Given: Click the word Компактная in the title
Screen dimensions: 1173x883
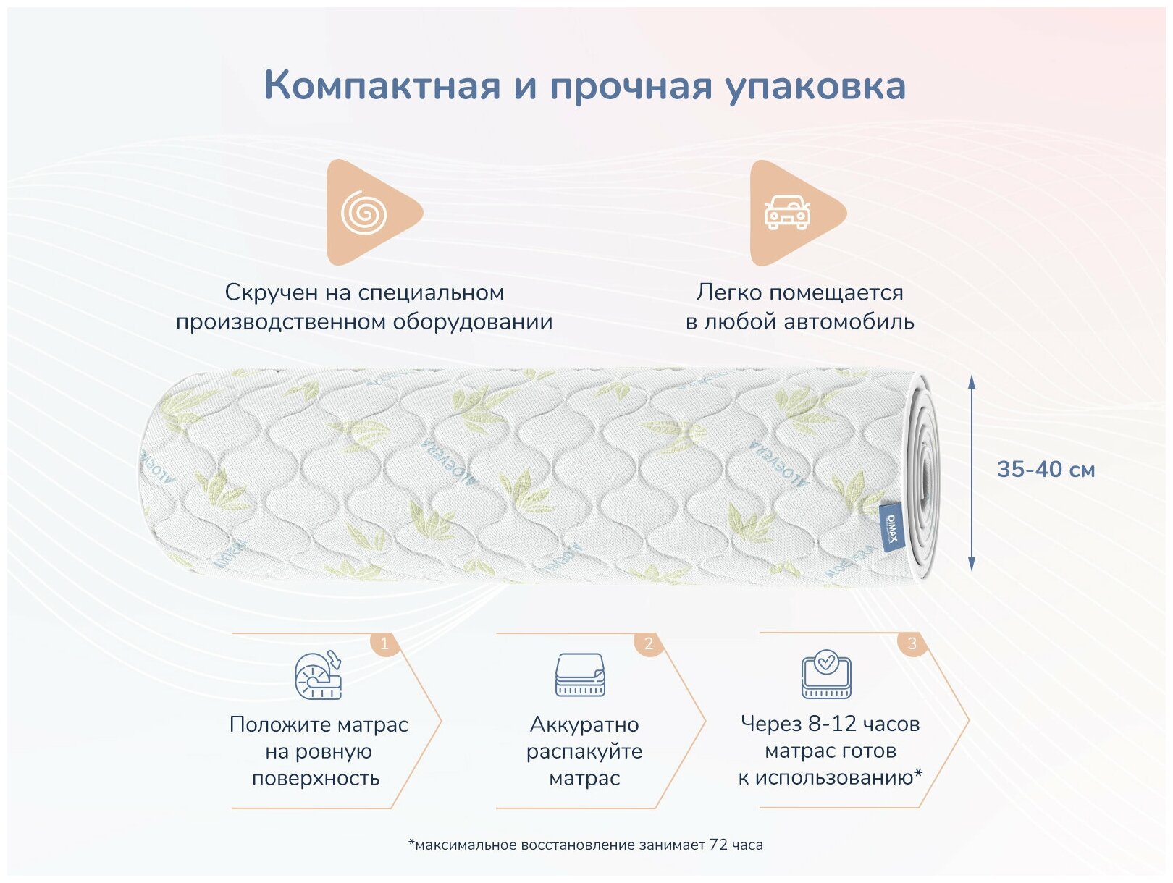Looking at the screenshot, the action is [x=382, y=85].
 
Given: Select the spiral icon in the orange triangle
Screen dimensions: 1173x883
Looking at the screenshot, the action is [x=364, y=213].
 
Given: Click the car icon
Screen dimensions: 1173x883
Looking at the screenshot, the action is [x=787, y=212].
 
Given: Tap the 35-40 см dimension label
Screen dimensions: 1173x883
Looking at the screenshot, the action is [x=1046, y=470].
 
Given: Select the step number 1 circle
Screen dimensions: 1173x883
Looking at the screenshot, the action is [x=384, y=643].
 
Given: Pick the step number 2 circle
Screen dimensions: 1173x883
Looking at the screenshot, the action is [x=648, y=643].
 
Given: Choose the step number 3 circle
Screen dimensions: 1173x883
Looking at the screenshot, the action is [x=912, y=643].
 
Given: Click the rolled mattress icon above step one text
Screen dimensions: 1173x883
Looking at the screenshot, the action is [x=319, y=675].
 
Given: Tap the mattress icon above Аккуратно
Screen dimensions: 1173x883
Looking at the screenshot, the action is [x=580, y=675].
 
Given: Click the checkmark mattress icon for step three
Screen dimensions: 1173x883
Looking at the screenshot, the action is [x=826, y=675].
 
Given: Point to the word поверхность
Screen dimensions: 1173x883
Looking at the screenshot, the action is [x=316, y=778].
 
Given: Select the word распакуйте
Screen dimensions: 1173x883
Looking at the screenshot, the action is [x=584, y=751].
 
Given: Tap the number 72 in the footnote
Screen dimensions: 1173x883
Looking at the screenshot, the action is [x=718, y=845].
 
